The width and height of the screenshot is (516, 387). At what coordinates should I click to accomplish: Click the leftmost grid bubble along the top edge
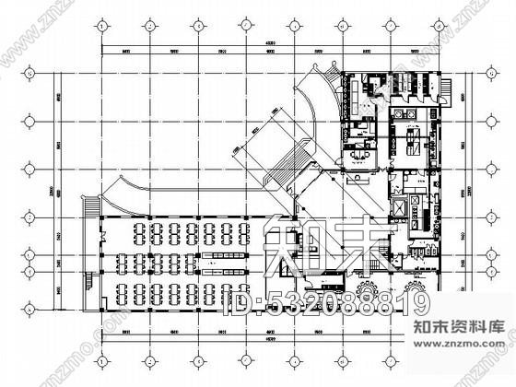[x=100, y=29]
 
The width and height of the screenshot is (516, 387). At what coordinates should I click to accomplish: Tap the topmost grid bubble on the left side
[x=29, y=70]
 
